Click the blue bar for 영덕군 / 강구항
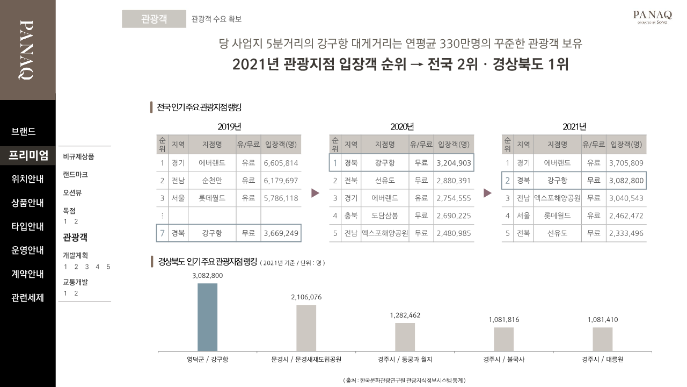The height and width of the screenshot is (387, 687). point(207,317)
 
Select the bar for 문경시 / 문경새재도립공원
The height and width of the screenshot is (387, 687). point(306,328)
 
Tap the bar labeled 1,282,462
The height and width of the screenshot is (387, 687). point(405,337)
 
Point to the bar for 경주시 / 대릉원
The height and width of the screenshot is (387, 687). point(602,339)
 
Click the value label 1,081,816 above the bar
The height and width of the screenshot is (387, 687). point(503,320)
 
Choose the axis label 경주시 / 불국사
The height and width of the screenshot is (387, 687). point(503,360)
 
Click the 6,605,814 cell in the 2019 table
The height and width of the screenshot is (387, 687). point(281,163)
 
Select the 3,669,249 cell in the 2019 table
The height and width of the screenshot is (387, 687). point(281,233)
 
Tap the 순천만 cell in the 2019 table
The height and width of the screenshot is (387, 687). point(211,181)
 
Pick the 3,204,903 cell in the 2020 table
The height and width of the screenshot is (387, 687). point(454,163)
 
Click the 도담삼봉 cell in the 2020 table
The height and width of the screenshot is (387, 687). point(384,216)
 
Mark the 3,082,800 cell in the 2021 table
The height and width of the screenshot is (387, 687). point(626,181)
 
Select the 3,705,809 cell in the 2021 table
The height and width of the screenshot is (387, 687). point(626,163)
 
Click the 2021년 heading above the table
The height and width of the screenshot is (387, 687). point(574,127)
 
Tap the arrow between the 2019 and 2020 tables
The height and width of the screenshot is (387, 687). point(315,193)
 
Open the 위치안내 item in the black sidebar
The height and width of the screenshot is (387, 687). point(27,179)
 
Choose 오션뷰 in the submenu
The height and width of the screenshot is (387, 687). point(72,192)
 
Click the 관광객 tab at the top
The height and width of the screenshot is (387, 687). point(154,19)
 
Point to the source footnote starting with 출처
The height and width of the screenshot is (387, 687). point(404,380)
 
